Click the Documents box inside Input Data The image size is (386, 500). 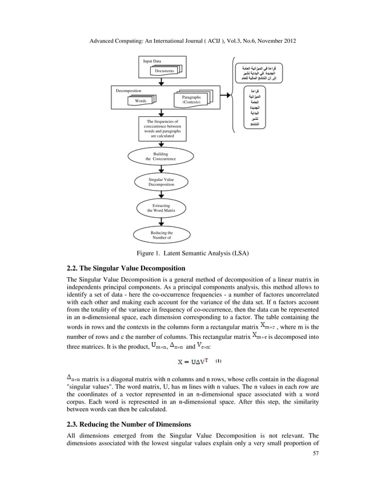point(165,71)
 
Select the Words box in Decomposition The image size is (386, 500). point(140,100)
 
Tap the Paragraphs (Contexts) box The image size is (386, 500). point(192,99)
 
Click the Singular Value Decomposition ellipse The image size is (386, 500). point(161,182)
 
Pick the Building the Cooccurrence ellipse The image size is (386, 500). point(161,156)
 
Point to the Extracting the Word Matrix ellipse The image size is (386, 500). point(161,208)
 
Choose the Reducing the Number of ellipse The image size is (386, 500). point(161,235)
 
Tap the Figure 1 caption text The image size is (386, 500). point(192,252)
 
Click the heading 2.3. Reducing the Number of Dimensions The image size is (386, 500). point(128,424)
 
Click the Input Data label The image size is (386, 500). point(152,61)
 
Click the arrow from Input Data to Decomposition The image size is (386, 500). point(161,82)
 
